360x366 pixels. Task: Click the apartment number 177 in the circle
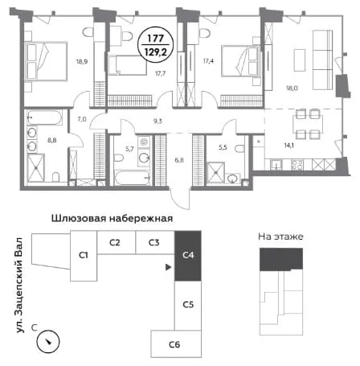[156, 39]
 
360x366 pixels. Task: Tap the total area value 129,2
[156, 51]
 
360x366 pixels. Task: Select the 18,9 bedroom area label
[82, 61]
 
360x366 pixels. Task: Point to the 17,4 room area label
[208, 61]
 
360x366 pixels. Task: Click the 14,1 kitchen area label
[289, 146]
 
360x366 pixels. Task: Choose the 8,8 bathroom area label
[52, 140]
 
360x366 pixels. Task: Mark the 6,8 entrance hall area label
[179, 160]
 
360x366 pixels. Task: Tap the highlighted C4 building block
[188, 256]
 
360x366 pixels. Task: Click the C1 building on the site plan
[84, 256]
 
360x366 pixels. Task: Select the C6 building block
[176, 343]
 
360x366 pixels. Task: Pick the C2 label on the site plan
[115, 243]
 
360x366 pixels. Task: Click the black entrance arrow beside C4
[168, 267]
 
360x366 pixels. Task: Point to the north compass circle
[48, 341]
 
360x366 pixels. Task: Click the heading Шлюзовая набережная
[112, 218]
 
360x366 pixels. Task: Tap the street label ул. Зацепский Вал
[19, 286]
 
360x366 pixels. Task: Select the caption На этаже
[280, 236]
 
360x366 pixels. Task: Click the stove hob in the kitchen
[297, 164]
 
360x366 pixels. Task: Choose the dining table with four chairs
[308, 125]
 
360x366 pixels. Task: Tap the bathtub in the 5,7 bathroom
[132, 177]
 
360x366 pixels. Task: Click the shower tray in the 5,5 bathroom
[215, 172]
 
